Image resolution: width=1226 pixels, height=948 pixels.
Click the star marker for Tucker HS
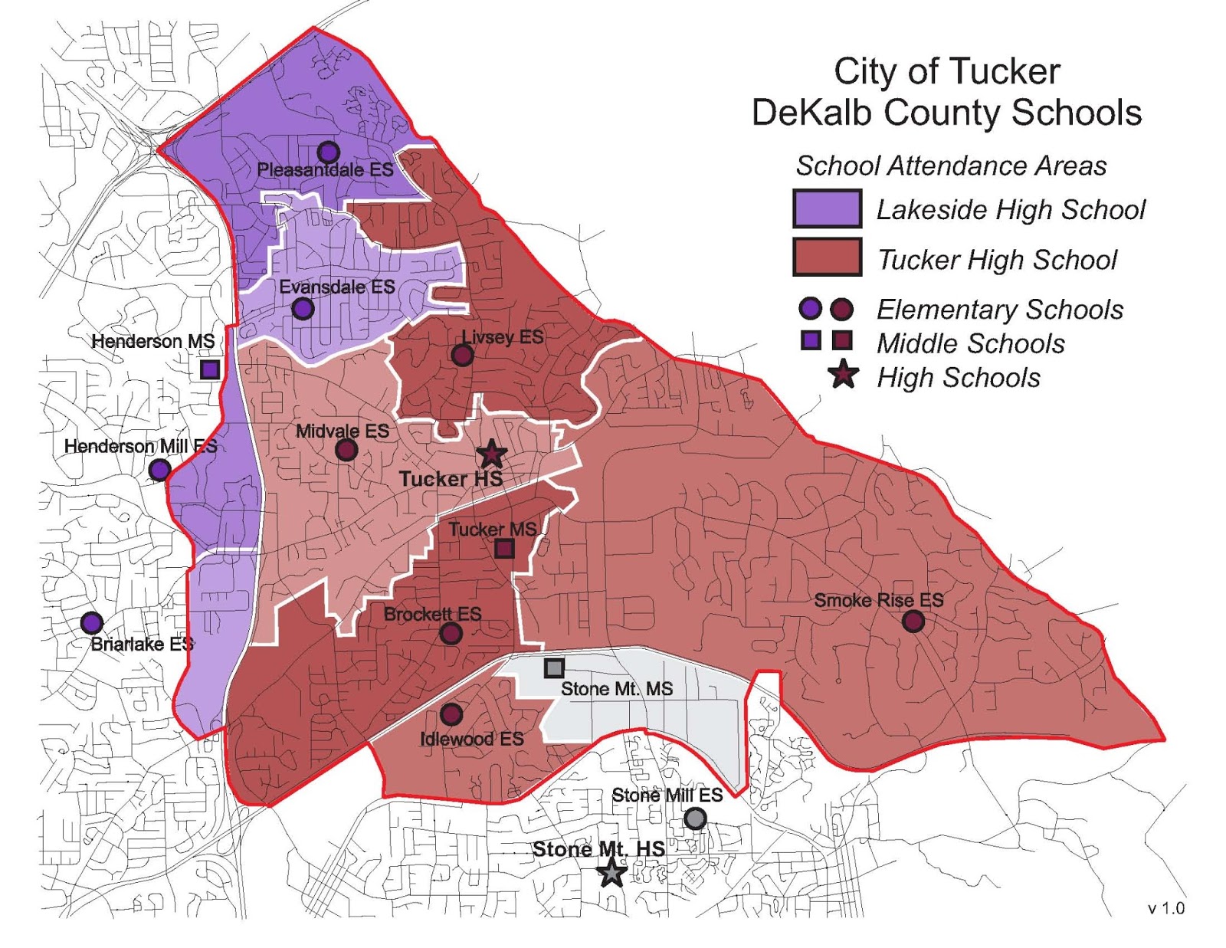pos(491,454)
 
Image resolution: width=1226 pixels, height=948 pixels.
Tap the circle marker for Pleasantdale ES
pos(329,152)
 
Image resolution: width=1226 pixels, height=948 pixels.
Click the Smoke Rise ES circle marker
pos(913,621)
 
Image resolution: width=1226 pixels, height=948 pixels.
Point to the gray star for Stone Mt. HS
pos(611,872)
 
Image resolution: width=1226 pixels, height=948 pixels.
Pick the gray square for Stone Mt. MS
pos(554,668)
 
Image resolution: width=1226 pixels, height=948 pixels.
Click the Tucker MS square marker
pos(503,549)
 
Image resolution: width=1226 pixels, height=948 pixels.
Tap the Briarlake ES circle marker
pos(92,622)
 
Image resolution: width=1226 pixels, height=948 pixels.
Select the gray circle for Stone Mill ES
pos(694,818)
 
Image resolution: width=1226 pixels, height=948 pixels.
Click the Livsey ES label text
pos(502,336)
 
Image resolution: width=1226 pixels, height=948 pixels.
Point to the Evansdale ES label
pos(336,287)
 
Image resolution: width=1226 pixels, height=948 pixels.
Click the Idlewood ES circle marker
pos(451,715)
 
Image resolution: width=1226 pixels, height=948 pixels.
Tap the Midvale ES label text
pos(342,431)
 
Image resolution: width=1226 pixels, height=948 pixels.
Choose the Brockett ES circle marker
pos(451,633)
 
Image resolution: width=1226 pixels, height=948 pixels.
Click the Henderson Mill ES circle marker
pos(159,470)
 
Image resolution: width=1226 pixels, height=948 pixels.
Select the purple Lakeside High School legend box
pos(827,208)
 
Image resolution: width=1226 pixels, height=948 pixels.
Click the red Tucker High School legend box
pos(827,257)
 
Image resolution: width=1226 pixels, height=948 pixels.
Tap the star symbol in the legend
pos(843,376)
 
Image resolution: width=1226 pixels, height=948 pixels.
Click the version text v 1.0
pos(1165,908)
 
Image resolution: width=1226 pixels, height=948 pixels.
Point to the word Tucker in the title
pos(1003,71)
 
